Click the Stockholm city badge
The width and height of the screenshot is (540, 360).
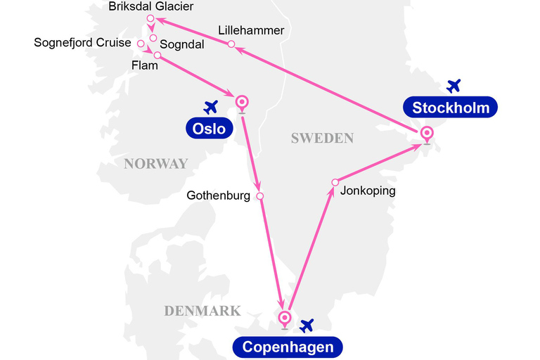coord(450,108)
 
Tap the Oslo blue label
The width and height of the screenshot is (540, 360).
coord(210,129)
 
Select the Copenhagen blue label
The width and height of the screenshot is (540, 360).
coord(288,347)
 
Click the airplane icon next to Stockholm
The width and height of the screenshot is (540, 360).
coord(454,86)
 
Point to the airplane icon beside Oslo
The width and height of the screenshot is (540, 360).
coord(210,107)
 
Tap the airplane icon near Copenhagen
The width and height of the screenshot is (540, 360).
coord(306,326)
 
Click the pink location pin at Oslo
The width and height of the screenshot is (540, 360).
coord(242,103)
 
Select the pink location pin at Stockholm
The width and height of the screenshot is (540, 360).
coord(426,134)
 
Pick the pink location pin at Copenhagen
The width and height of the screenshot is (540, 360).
coord(285,319)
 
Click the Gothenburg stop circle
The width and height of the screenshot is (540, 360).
coord(259,196)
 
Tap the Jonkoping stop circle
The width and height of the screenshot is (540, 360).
coord(335,183)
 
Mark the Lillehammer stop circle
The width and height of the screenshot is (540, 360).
coord(231,44)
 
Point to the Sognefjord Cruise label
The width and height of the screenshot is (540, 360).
coord(82,43)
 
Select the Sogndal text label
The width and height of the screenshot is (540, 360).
coord(182,44)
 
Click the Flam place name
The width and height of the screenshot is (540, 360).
coord(145,66)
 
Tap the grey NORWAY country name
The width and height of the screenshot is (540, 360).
coord(155,164)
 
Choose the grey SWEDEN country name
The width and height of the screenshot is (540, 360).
coord(322,139)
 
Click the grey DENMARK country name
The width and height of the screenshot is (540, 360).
coord(202,311)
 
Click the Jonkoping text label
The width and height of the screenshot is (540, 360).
coord(368,191)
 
